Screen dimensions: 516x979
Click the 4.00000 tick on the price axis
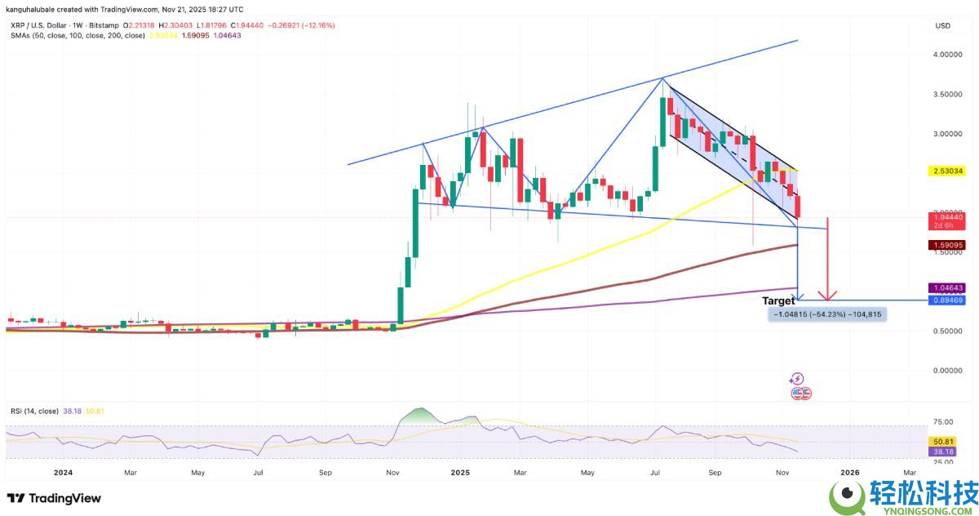click(949, 55)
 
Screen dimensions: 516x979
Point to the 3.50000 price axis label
click(949, 94)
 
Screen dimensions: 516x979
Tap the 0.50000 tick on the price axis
click(949, 331)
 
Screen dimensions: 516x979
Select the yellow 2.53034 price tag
click(949, 171)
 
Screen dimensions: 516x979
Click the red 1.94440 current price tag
click(949, 218)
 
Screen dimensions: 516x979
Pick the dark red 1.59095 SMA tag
click(949, 245)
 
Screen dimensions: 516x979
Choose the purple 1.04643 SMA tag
click(949, 287)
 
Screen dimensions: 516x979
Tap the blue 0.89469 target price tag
click(949, 300)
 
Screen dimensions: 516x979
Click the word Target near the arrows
click(778, 301)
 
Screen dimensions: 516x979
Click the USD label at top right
click(942, 26)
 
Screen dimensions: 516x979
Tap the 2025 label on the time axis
click(460, 472)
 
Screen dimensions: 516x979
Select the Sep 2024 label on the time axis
click(325, 472)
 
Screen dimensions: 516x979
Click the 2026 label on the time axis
click(850, 472)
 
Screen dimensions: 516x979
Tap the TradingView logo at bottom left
click(55, 498)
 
